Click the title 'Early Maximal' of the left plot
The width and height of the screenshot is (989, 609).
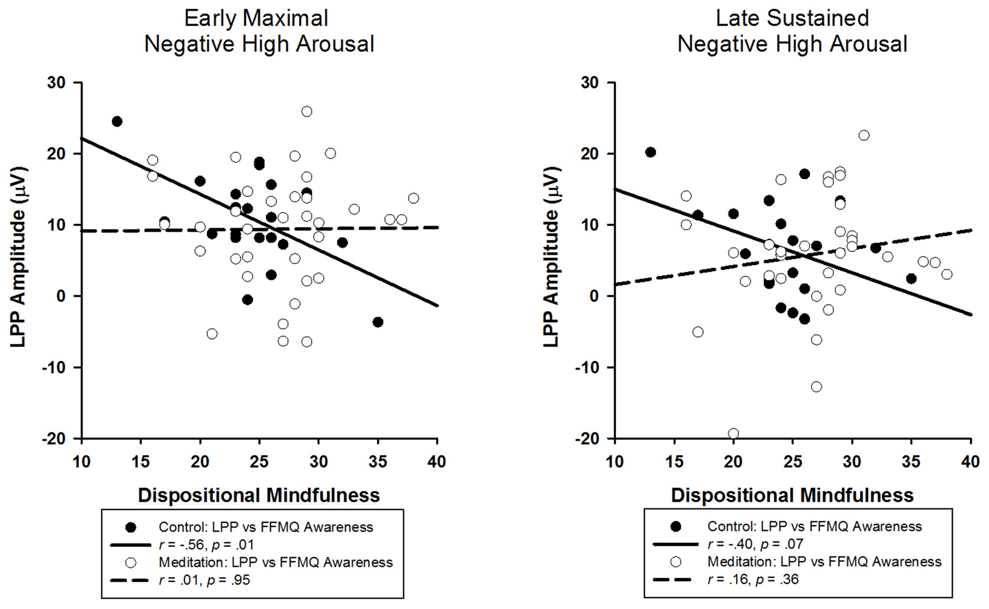tap(256, 19)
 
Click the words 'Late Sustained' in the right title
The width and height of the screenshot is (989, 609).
tap(792, 19)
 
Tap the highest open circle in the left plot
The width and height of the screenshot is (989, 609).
tap(306, 112)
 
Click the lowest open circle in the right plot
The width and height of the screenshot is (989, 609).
tap(733, 434)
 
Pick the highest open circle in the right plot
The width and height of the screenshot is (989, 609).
tap(864, 135)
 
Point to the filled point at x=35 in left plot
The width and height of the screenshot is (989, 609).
tap(378, 322)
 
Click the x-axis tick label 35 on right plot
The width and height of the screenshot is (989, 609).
tap(911, 462)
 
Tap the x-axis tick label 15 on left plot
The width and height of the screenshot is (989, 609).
tap(141, 462)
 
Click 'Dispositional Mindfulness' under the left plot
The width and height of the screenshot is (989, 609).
tap(259, 495)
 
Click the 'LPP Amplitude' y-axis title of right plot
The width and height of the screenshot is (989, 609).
tap(551, 257)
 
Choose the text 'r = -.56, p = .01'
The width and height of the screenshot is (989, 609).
tap(206, 545)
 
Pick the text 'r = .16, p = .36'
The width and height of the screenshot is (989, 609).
tap(753, 579)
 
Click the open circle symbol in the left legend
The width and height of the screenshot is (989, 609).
tap(131, 563)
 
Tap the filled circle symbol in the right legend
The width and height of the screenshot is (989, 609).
tap(676, 527)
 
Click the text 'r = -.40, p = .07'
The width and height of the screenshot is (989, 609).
tap(755, 544)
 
